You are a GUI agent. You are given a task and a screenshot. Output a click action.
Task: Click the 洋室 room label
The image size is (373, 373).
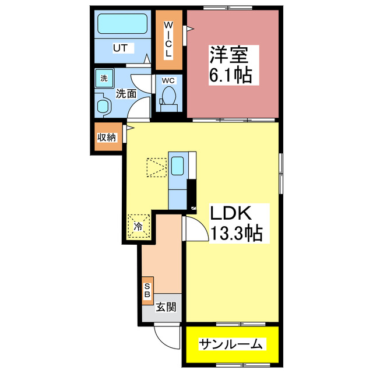(x=230, y=57)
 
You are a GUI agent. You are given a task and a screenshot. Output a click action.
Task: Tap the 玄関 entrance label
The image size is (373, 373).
(x=166, y=307)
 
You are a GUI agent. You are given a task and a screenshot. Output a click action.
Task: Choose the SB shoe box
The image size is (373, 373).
(x=147, y=290)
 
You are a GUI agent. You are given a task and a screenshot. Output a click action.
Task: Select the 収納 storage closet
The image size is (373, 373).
(x=107, y=138)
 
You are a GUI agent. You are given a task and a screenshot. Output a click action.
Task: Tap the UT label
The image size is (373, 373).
(x=120, y=48)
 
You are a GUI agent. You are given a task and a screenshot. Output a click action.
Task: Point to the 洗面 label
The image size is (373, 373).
(x=126, y=93)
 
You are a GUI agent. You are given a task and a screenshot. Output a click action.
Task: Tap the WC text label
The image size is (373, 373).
(x=168, y=80)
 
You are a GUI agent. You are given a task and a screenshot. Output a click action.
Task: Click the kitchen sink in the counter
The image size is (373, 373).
(x=178, y=167)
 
